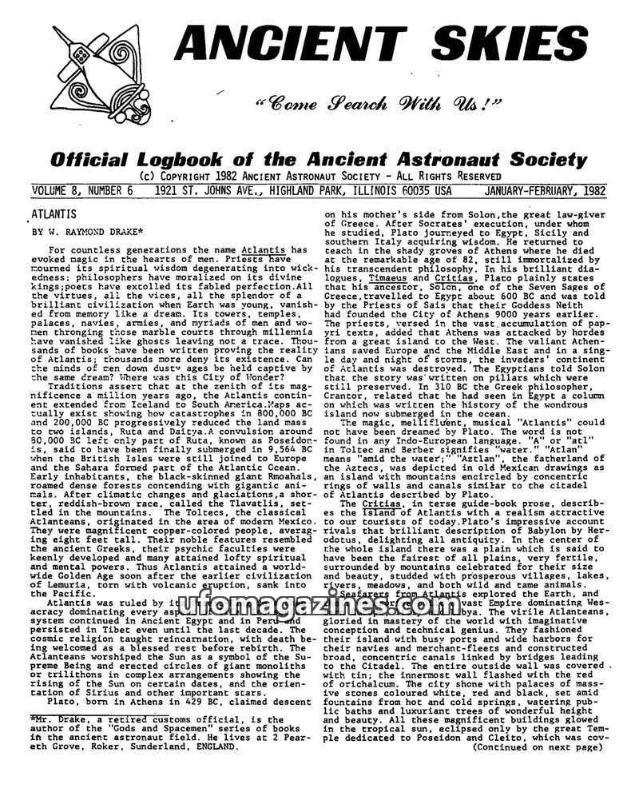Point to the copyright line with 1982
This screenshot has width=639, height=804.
pos(319,177)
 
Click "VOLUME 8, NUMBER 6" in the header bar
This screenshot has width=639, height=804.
pos(81,192)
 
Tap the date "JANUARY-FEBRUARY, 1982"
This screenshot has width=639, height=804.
pos(544,192)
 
